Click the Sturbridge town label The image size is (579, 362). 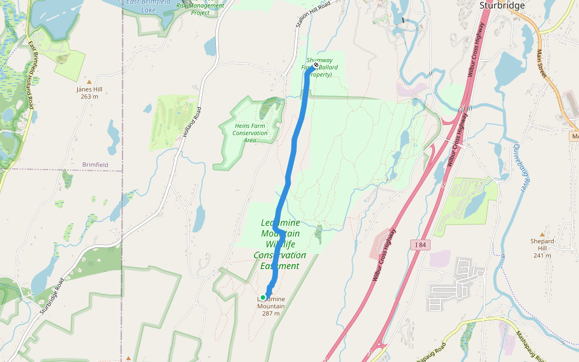click(502, 5)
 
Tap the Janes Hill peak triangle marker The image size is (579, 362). click(89, 81)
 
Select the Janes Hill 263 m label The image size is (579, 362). click(89, 92)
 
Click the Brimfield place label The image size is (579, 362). click(96, 164)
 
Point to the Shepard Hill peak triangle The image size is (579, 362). click(542, 235)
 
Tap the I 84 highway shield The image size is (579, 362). click(420, 244)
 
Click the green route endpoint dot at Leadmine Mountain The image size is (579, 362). click(263, 297)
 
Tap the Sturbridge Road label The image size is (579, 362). click(52, 296)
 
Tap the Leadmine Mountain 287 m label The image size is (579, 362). click(271, 306)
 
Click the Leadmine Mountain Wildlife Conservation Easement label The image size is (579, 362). click(280, 244)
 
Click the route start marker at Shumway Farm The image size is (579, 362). click(315, 66)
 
